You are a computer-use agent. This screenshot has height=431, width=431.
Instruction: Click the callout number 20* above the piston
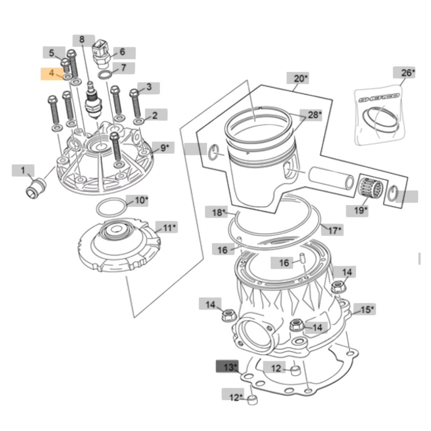[x=301, y=79]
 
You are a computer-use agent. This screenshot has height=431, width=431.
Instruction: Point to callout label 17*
[x=334, y=230]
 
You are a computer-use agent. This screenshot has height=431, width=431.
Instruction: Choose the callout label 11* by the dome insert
[x=169, y=228]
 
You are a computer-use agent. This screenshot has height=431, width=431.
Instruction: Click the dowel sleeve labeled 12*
[x=252, y=399]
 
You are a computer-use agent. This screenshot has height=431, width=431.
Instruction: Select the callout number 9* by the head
[x=164, y=148]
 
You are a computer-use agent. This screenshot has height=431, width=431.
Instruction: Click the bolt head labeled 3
[x=134, y=93]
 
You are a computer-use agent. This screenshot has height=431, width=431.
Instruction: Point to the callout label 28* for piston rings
[x=314, y=115]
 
